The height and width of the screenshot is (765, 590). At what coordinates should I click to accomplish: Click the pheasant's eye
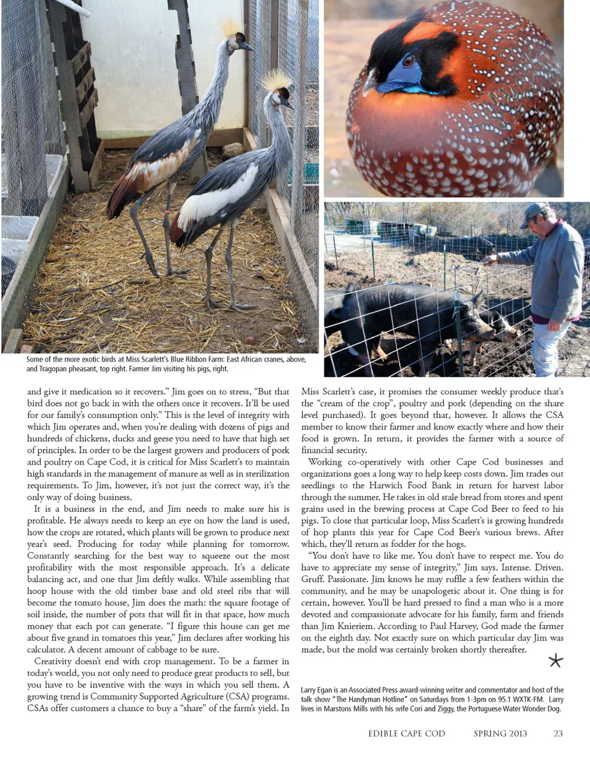point(408,61)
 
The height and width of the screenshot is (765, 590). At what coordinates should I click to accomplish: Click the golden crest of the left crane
point(231,28)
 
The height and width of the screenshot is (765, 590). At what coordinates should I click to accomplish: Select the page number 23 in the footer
point(558,733)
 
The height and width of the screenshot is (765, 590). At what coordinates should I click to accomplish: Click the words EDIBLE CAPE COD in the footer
point(406,733)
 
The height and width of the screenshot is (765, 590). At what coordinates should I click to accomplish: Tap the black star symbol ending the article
point(556,661)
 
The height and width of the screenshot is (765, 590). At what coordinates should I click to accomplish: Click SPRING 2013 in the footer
point(500,733)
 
